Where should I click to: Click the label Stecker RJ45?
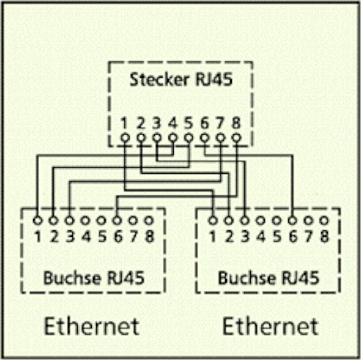point(181,80)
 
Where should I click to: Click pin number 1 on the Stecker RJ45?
point(124,124)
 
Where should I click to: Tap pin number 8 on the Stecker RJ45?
point(237,124)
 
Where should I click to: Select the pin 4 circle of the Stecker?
point(173,138)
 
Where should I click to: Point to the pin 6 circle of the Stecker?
point(205,138)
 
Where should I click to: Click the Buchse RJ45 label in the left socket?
point(93,278)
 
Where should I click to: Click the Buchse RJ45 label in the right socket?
point(268,278)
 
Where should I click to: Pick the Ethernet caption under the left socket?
point(92,326)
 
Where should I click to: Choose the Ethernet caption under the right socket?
point(270,326)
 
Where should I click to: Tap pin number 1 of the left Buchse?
point(37,235)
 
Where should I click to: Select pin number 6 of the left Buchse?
point(118,235)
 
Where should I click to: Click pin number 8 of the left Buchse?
point(150,235)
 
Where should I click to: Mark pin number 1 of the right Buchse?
point(213,235)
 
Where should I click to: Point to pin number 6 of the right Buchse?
point(293,235)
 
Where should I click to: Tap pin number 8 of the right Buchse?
point(325,235)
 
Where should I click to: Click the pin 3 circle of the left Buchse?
point(70,221)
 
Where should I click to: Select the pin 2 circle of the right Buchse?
point(229,221)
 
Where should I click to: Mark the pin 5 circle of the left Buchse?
point(101,221)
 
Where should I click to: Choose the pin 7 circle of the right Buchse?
point(308,221)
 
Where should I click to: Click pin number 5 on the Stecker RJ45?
point(189,124)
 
